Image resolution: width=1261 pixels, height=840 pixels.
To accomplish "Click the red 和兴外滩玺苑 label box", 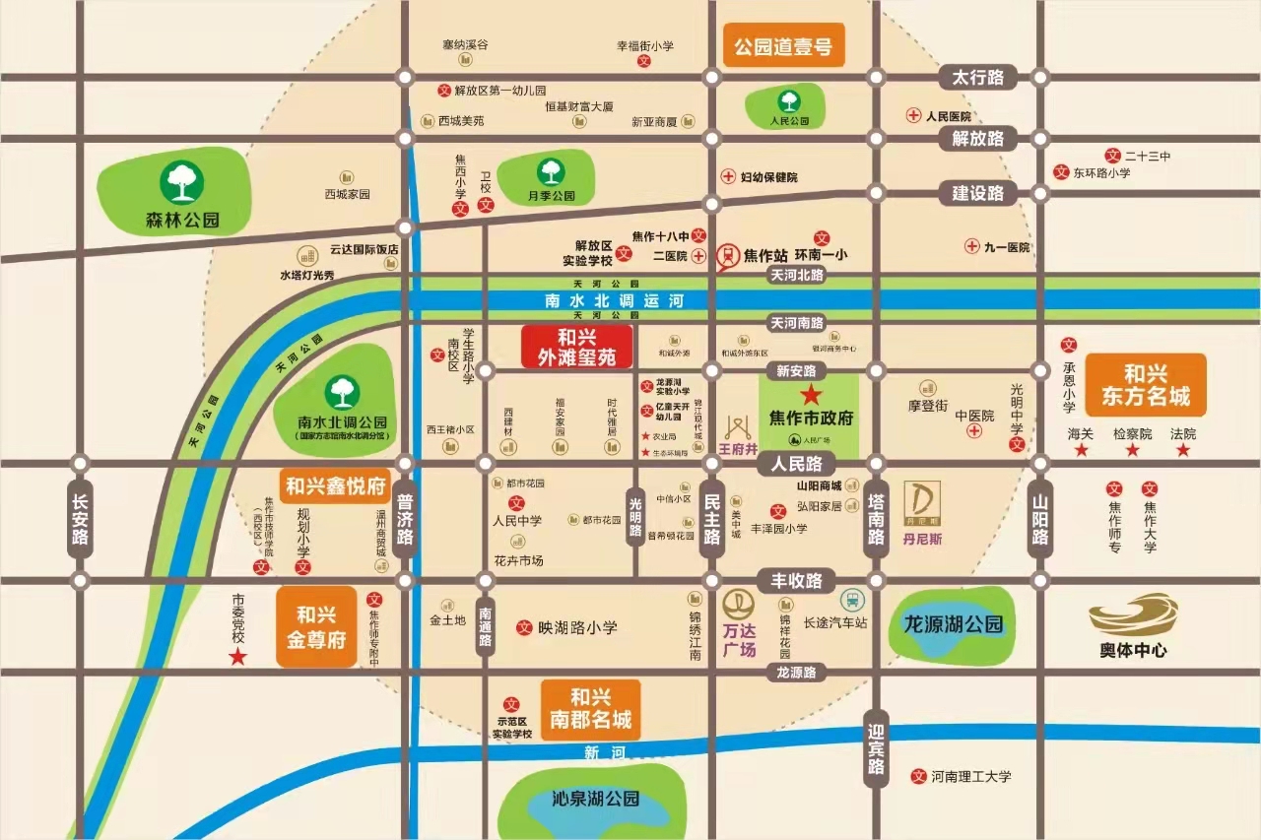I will tap(576, 347).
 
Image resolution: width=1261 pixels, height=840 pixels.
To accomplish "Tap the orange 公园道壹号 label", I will tap(784, 45).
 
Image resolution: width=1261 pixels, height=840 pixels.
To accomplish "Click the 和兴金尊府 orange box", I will tap(316, 627).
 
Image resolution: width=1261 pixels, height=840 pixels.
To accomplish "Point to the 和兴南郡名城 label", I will tap(591, 709).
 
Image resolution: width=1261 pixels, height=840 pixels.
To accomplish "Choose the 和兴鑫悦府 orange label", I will tap(335, 485).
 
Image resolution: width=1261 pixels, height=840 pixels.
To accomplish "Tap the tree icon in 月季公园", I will tap(551, 170).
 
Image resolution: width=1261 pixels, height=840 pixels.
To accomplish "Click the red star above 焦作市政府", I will tap(811, 395).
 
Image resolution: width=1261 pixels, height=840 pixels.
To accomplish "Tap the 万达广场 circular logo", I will tap(738, 604).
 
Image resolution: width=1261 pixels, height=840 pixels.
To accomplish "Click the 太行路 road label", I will tap(976, 77).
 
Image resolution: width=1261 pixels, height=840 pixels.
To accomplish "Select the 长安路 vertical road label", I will tap(80, 520).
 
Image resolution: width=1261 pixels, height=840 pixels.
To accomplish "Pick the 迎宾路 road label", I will tap(876, 751).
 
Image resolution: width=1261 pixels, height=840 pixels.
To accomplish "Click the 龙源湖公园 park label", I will tap(953, 623).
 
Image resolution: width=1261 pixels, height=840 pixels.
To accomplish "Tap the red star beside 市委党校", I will tap(237, 657).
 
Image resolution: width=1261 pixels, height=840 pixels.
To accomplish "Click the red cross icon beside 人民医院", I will tap(913, 116).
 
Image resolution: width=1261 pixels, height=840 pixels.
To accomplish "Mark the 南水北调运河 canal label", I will tap(614, 300).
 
